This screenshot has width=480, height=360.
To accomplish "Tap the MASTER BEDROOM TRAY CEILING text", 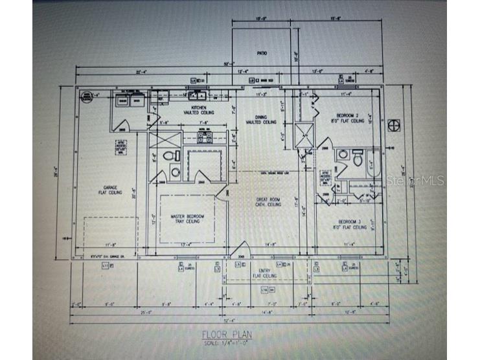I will [x=185, y=218].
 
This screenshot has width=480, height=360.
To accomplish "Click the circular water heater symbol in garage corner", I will [x=85, y=98].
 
